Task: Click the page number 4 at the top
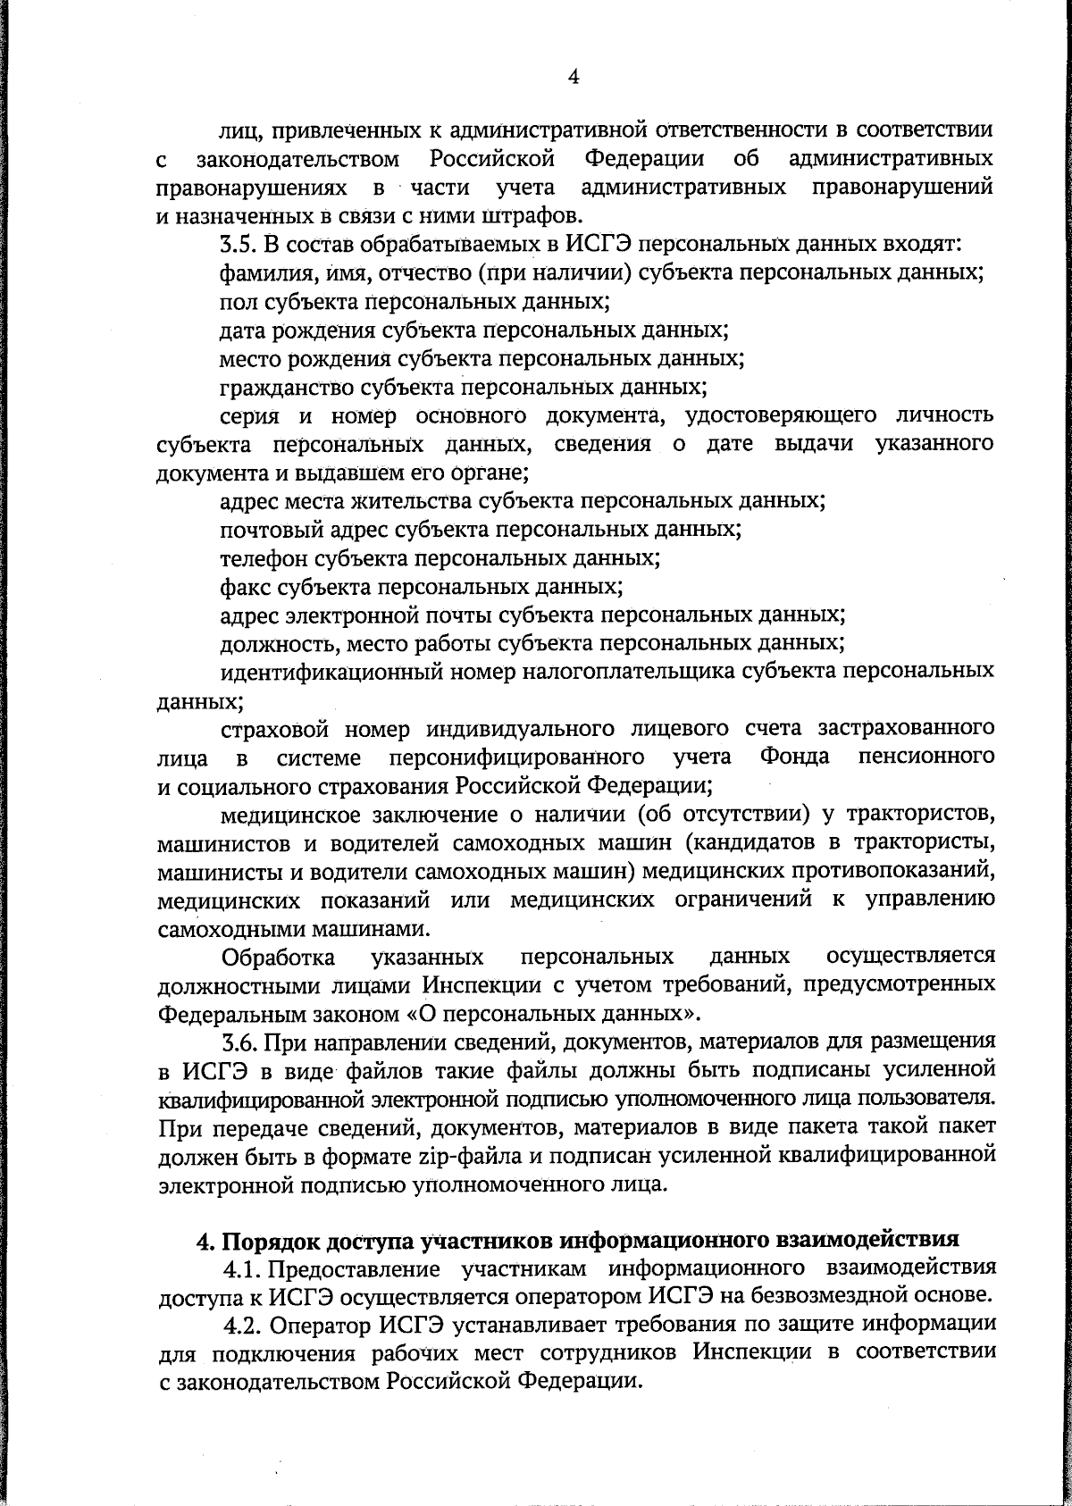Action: (574, 78)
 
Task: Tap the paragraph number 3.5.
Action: (239, 245)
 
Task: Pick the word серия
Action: (250, 415)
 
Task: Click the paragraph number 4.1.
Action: (240, 1268)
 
